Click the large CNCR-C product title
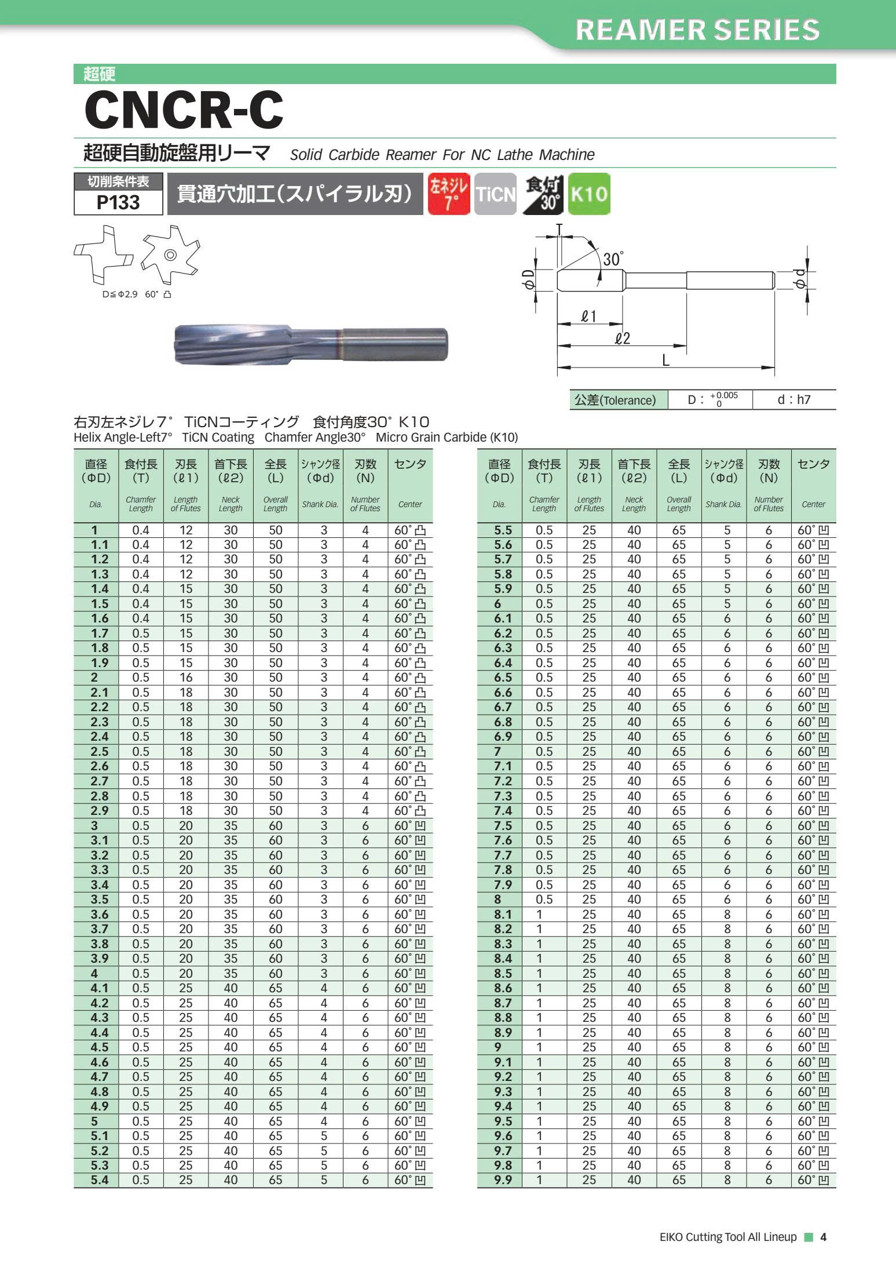(x=184, y=110)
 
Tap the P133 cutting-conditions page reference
(x=118, y=202)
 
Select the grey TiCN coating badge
(x=495, y=194)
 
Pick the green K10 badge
(x=589, y=194)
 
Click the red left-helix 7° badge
(x=448, y=194)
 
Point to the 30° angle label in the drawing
(x=613, y=259)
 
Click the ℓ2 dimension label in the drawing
(x=622, y=338)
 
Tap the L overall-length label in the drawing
(x=665, y=361)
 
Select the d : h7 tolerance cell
(x=793, y=399)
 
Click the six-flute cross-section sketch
(x=170, y=254)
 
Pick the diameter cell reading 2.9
(x=99, y=810)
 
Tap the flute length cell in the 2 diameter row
(x=185, y=678)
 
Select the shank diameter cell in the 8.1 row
(x=727, y=914)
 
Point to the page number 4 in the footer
(x=823, y=1237)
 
